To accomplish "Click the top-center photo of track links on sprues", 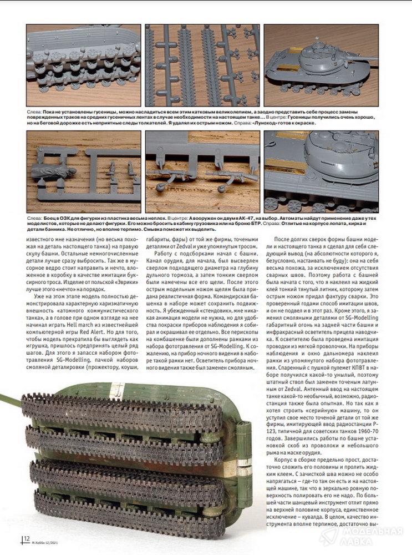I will (x=202, y=65).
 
